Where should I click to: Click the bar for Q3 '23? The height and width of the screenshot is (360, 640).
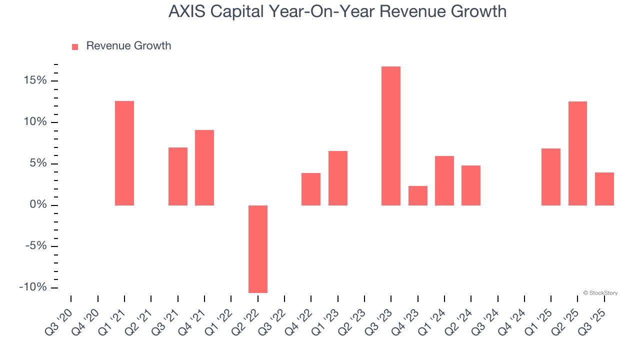tap(391, 136)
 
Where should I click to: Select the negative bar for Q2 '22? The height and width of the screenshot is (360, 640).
tap(258, 249)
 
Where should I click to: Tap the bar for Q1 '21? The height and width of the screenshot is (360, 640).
tap(124, 153)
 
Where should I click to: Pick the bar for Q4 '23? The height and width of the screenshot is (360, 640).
tap(418, 195)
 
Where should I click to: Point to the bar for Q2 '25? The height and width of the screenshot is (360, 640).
tap(577, 153)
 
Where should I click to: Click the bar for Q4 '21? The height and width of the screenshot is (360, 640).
tap(204, 167)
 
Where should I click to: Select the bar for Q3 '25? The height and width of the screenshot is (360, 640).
tap(604, 189)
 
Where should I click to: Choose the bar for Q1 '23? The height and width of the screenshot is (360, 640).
tap(338, 178)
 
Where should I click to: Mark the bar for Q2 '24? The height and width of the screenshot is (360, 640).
tap(471, 185)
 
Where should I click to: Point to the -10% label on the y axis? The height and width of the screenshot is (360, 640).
tap(32, 287)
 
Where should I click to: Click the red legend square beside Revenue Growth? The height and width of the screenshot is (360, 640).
tap(75, 46)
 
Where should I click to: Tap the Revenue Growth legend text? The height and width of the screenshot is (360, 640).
tap(128, 46)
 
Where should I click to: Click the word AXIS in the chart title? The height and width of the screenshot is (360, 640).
tap(186, 11)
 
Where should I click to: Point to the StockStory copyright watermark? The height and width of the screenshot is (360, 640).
tap(600, 293)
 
